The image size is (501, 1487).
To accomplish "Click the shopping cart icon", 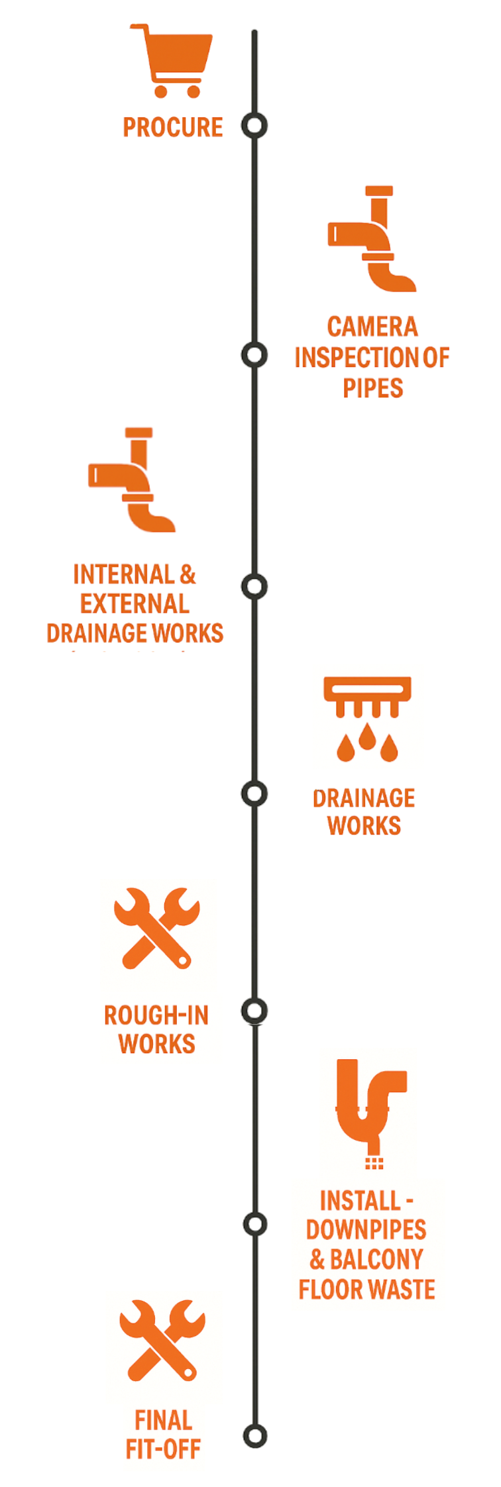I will pos(172,61).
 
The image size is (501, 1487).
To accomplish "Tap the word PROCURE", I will pos(173,127).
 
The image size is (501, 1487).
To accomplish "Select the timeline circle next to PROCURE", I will pos(254,125).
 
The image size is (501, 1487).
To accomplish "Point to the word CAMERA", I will pos(372,327).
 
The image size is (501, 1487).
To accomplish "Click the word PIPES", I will pos(372,388).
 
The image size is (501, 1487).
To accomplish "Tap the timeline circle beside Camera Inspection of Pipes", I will pos(254,355).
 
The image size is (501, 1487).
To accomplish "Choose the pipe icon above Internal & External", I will pos(132,480).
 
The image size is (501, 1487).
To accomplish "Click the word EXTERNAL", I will pos(135,604).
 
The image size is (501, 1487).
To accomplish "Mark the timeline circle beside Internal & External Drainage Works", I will pos(254,586).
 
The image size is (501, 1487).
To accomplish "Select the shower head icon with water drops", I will pos(367,719).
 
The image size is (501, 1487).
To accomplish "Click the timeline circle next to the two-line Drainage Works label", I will pos(254,794).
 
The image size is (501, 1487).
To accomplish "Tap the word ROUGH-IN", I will pos(156,1015).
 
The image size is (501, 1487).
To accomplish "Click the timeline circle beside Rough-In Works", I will pos(254,1011).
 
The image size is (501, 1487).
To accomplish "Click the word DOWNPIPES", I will pos(366,1230).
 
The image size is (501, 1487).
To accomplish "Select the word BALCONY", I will pos(376,1259).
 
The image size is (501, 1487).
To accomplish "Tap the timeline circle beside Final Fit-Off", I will pos(254,1435).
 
